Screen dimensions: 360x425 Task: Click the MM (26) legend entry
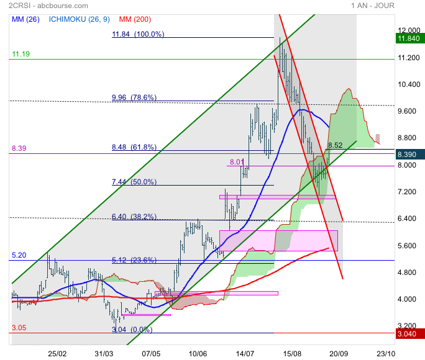tap(25, 19)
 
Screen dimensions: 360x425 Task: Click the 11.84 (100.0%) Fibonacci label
tap(138, 35)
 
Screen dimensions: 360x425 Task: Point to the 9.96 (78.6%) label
tap(134, 97)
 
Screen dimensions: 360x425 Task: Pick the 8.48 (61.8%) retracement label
tap(134, 148)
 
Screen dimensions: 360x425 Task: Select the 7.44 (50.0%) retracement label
tap(134, 182)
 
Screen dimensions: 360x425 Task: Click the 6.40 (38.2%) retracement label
tap(134, 217)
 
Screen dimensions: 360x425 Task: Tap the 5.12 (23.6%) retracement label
tap(134, 260)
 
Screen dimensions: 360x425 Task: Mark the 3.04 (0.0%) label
tap(131, 330)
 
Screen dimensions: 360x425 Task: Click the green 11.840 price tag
tap(409, 38)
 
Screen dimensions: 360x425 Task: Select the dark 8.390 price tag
tap(409, 154)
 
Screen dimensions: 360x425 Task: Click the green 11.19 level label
tap(20, 55)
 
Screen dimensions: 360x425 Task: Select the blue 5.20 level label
tap(19, 255)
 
